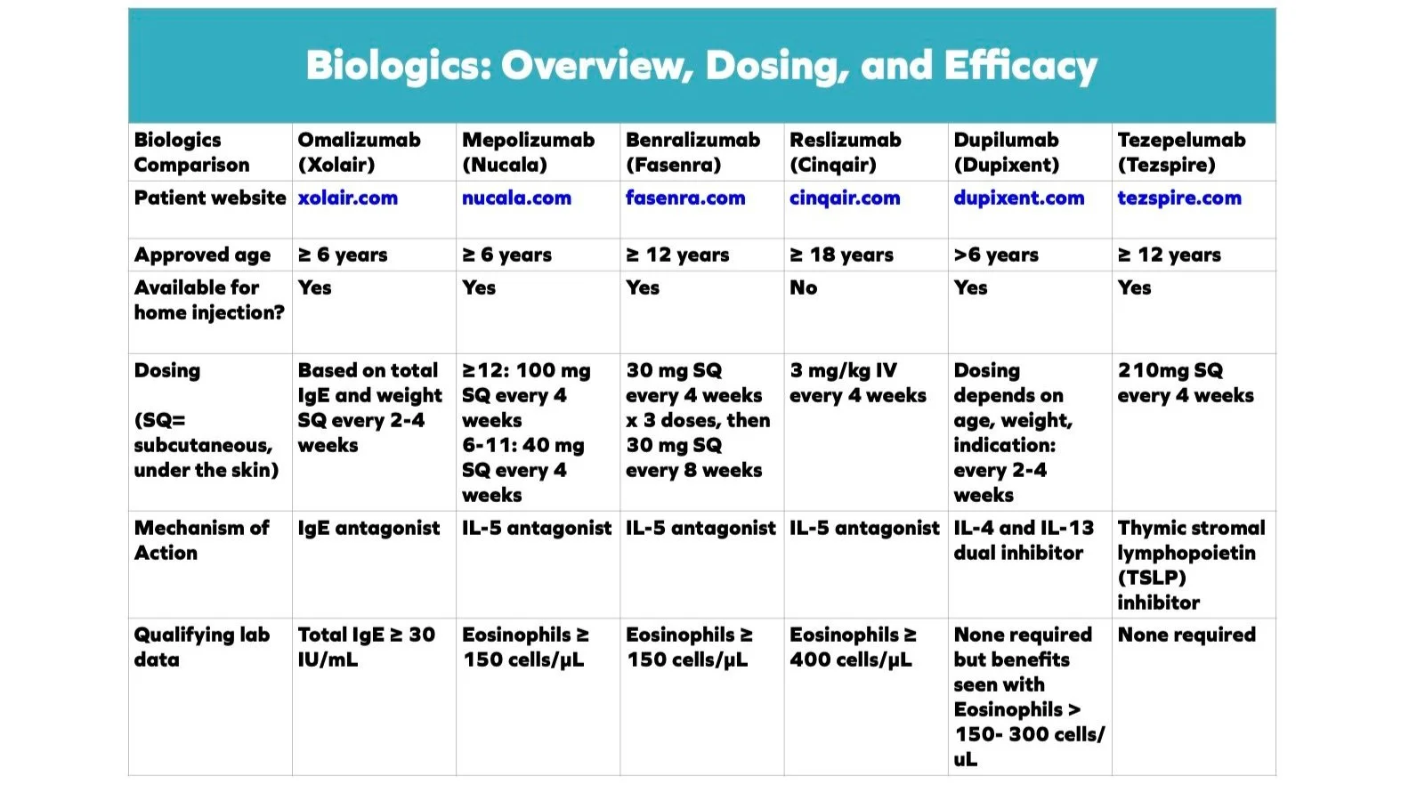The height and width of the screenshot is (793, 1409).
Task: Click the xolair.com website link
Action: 347,198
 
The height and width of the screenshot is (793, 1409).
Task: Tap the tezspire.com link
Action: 1178,198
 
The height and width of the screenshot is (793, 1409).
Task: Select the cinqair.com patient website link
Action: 844,198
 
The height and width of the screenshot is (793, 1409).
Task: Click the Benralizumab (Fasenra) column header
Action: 692,152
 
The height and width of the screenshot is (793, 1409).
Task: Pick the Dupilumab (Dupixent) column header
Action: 1006,152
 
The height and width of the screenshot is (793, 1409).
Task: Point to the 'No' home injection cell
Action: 803,287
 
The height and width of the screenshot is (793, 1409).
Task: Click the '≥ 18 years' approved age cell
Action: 841,255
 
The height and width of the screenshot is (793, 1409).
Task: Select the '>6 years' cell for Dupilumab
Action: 995,255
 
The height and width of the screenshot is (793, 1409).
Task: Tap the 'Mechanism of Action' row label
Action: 201,540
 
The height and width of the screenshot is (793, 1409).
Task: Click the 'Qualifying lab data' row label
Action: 201,647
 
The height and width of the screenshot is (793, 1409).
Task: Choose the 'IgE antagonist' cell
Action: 368,529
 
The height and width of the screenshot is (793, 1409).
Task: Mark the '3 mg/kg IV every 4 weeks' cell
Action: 857,383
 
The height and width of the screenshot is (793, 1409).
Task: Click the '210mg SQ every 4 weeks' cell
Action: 1185,383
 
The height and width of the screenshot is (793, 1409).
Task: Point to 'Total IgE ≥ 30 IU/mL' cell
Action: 366,647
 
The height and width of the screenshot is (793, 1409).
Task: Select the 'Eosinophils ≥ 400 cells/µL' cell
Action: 852,647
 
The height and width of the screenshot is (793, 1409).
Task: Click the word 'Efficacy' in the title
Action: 1020,66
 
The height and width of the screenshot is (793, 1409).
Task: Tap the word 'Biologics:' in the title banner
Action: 399,66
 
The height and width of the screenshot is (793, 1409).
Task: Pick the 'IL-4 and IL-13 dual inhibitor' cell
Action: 1023,540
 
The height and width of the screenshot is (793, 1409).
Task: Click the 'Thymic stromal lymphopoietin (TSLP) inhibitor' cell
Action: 1190,565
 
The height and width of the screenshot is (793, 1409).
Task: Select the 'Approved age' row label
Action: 202,255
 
